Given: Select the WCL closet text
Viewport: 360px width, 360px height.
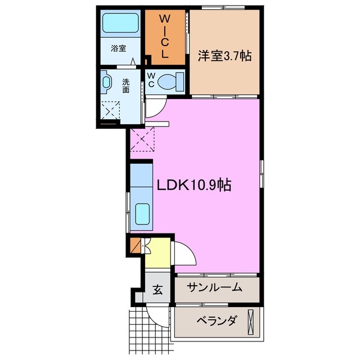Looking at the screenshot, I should (165, 37).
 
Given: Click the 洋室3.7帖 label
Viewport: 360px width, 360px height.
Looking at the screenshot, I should (224, 56).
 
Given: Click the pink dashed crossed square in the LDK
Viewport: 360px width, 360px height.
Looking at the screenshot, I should (142, 139).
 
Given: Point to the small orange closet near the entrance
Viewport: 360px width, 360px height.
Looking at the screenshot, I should (135, 246).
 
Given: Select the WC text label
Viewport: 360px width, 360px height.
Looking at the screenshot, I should (151, 80).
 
